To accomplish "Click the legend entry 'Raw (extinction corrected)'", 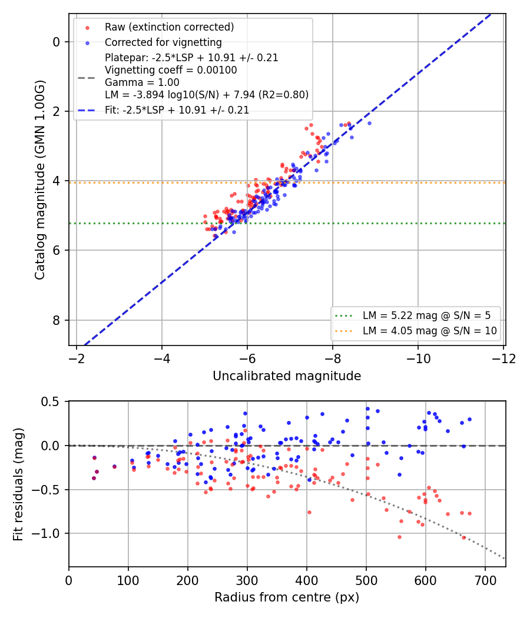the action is tap(169, 27).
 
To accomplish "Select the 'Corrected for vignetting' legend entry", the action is tap(163, 42).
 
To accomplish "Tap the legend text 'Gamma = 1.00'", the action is tap(142, 82).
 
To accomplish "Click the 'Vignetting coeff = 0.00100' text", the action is tap(171, 70).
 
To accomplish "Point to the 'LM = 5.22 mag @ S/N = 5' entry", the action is tap(427, 315).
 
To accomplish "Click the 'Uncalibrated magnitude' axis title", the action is tap(287, 376).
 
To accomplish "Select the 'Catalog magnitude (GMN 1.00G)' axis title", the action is tap(40, 180).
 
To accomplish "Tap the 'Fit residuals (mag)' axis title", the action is tap(18, 484).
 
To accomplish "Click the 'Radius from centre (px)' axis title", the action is tap(287, 597).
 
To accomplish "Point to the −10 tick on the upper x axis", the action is tap(418, 358).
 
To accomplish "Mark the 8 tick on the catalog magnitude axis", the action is tap(57, 320).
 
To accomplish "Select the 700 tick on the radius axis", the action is tap(485, 580).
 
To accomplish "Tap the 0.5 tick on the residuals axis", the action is tap(49, 402).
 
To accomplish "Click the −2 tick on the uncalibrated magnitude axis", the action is tap(77, 358).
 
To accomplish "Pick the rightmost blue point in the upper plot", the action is tap(369, 124).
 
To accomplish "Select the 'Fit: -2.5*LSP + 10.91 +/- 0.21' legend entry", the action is tap(177, 110).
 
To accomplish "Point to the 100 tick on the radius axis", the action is tap(128, 580).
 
